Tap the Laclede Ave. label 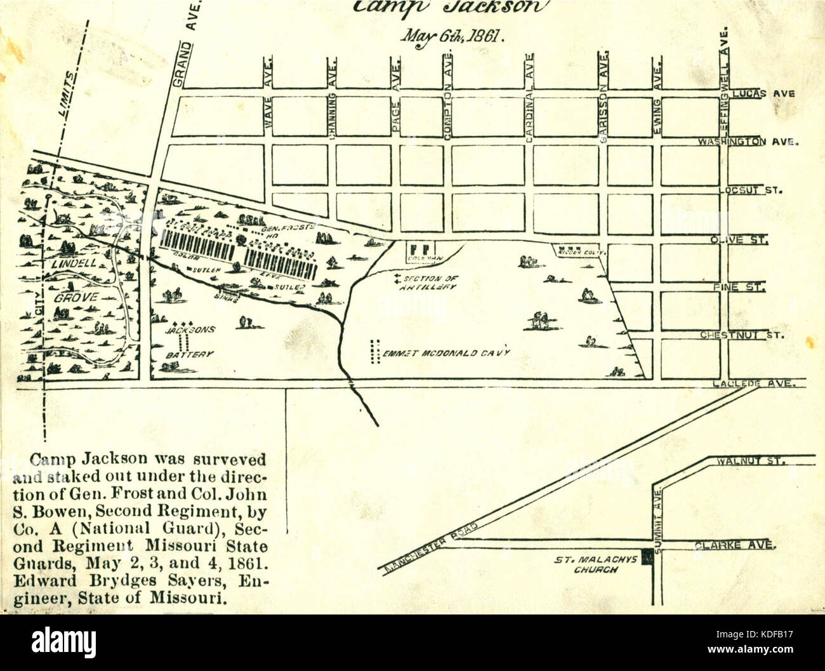[753, 383]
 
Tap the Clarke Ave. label [734, 545]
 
